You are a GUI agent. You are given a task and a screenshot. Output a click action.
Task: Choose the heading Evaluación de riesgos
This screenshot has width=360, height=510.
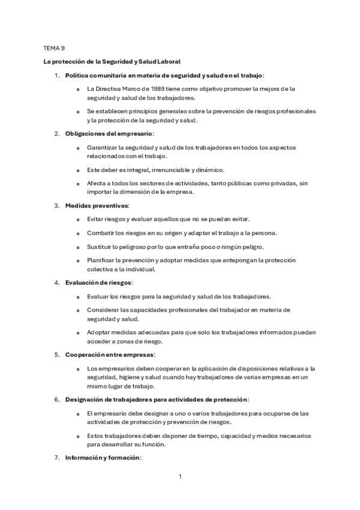click(x=99, y=282)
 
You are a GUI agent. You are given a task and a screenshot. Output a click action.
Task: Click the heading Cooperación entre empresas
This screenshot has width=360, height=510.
click(x=110, y=355)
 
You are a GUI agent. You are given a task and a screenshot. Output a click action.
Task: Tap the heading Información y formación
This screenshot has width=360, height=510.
click(x=102, y=458)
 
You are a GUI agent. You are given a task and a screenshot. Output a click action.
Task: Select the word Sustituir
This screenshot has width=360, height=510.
click(x=100, y=247)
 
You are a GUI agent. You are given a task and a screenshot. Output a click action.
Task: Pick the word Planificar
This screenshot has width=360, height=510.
click(x=103, y=260)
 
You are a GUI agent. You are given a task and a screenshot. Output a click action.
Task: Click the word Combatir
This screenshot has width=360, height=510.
click(x=101, y=233)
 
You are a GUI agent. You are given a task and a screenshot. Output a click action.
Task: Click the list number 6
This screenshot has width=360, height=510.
click(x=56, y=399)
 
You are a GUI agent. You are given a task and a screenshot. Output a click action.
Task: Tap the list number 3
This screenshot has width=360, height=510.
click(x=56, y=206)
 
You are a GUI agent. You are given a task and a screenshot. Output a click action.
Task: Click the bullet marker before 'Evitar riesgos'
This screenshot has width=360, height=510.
click(x=78, y=219)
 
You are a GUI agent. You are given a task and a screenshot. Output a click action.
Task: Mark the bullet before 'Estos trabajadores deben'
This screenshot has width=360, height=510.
click(x=78, y=436)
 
